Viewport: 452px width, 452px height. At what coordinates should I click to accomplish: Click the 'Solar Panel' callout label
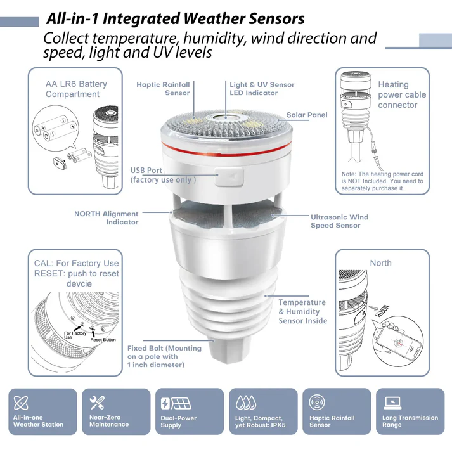click(x=307, y=115)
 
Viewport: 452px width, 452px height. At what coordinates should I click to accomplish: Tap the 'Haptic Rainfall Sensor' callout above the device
click(x=163, y=89)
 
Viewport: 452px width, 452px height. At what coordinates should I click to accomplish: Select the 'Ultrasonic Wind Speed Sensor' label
click(x=339, y=221)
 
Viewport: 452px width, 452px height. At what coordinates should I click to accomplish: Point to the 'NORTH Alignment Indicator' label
click(x=107, y=218)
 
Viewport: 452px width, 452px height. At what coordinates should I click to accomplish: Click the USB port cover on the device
click(x=229, y=176)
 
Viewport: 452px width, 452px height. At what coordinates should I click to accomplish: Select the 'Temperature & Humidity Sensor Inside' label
click(x=302, y=312)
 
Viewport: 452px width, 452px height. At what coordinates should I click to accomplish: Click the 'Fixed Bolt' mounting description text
click(x=164, y=356)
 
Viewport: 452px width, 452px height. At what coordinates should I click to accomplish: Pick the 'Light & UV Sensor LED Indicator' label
click(x=262, y=89)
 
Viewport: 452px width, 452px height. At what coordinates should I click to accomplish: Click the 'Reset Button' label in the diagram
click(x=103, y=340)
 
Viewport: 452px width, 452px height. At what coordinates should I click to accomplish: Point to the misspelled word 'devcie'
click(x=79, y=283)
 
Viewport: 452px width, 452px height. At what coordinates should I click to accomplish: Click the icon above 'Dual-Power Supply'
click(x=176, y=403)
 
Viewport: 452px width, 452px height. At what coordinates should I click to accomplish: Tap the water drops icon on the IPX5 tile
click(x=246, y=403)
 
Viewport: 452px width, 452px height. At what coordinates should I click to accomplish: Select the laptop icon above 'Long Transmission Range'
click(x=392, y=403)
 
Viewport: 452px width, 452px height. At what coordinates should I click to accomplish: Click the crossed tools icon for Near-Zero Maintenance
click(x=97, y=403)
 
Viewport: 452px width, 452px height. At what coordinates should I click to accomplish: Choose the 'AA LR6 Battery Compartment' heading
click(x=76, y=89)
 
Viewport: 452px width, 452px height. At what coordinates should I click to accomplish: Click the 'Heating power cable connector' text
click(x=402, y=94)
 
